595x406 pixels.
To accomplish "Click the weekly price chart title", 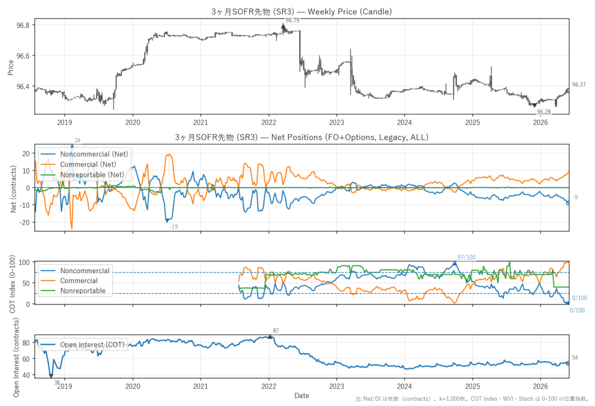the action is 302,12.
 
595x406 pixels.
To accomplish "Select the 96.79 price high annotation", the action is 292,20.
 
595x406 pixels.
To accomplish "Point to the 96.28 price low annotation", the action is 544,112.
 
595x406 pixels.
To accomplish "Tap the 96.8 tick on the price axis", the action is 23,25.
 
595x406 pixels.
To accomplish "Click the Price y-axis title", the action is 10,67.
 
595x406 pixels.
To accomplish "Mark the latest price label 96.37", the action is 579,85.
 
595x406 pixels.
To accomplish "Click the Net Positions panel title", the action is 302,137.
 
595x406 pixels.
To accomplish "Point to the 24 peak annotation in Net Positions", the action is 77,141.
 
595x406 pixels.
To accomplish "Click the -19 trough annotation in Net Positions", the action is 174,227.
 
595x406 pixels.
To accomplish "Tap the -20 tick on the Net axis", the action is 26,222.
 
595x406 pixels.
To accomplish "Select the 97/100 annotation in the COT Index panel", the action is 467,257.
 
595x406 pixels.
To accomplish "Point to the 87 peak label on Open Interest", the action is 276,330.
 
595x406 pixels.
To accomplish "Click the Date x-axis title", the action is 302,396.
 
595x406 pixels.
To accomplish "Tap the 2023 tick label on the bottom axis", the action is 336,386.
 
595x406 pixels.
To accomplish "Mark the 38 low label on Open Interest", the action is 57,382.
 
